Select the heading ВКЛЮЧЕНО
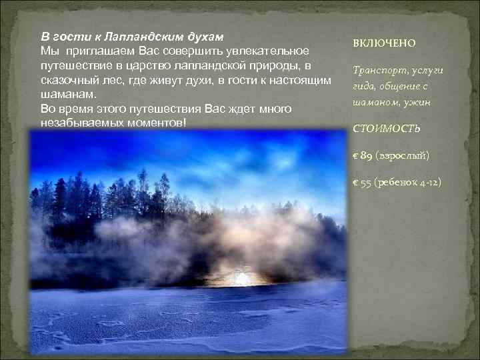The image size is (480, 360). (x=384, y=43)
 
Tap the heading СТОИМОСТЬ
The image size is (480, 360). (x=387, y=128)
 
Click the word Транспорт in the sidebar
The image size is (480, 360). (x=377, y=71)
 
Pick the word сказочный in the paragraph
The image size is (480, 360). (x=69, y=80)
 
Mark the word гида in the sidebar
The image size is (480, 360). (x=363, y=86)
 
